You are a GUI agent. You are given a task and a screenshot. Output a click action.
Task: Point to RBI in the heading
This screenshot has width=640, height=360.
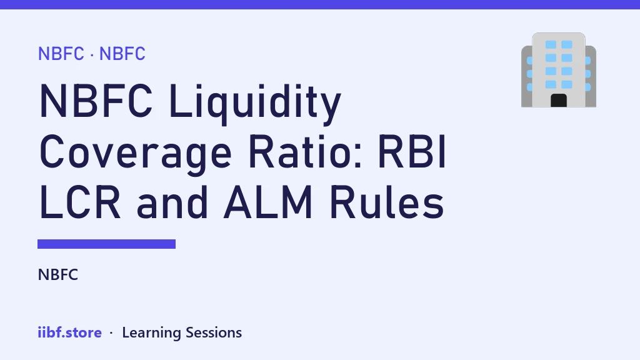[412, 151]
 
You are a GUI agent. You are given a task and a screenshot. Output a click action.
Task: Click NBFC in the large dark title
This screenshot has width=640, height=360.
[96, 101]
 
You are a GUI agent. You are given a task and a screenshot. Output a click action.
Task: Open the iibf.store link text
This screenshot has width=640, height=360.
[69, 332]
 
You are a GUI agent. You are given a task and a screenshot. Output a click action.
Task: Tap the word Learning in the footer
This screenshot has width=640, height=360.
[151, 333]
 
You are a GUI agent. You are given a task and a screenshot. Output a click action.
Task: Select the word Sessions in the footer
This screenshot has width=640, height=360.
[214, 332]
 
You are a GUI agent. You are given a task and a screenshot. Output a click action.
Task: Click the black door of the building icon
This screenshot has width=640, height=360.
[559, 101]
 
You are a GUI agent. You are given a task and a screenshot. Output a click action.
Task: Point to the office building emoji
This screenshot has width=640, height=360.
[559, 70]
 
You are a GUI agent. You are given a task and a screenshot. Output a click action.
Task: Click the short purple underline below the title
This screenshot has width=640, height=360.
[106, 244]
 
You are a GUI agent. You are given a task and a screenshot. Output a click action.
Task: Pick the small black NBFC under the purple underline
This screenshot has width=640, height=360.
[57, 275]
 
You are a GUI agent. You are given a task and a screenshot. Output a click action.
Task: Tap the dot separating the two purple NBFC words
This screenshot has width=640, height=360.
[92, 55]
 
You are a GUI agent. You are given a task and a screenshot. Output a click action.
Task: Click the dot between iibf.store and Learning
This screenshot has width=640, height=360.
[111, 334]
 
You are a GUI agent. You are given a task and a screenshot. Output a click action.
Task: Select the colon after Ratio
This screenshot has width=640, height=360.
[358, 156]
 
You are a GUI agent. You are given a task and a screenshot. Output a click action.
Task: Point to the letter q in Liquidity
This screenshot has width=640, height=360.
[216, 107]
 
